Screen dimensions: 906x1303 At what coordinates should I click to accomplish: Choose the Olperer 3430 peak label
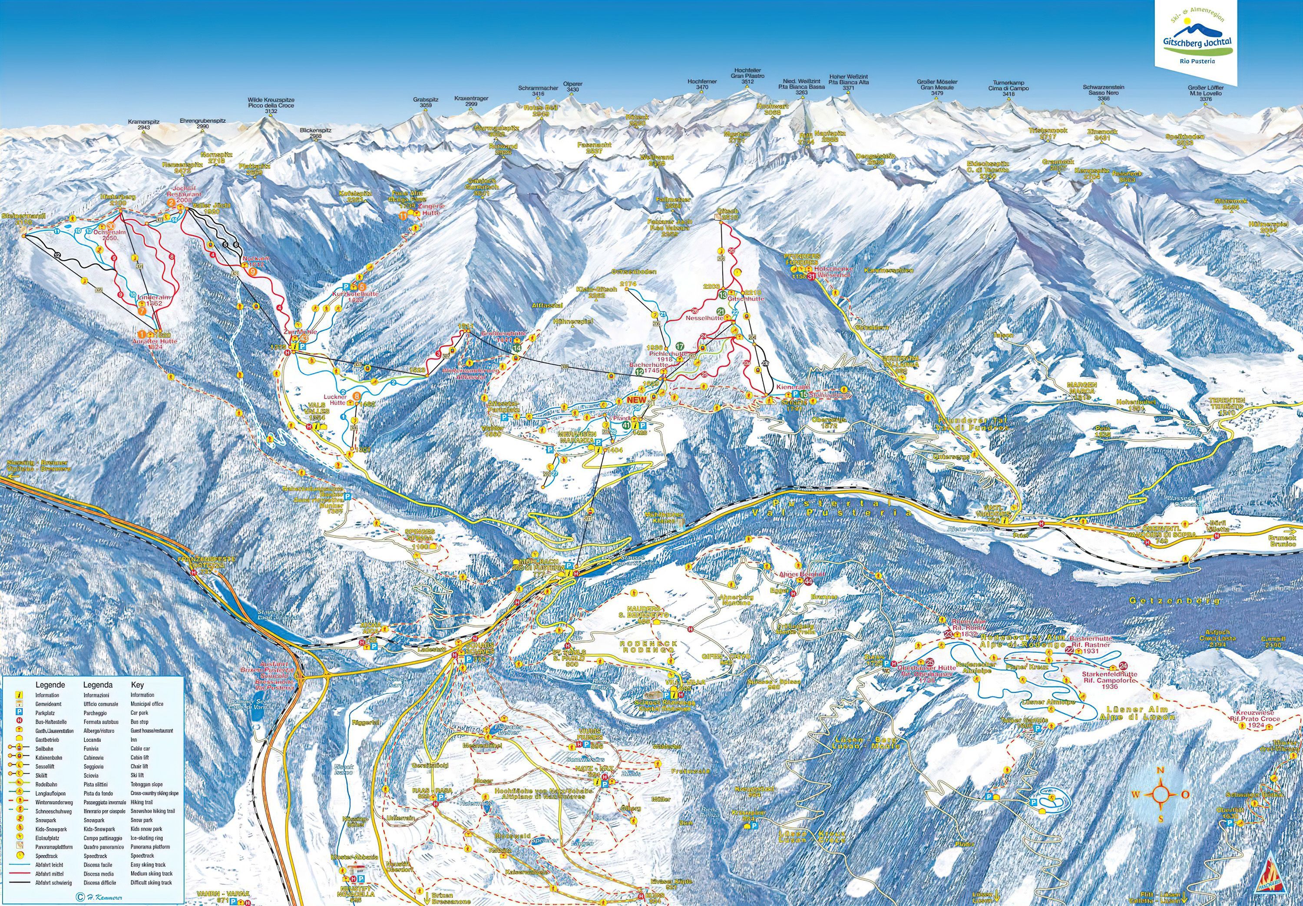pyautogui.click(x=572, y=86)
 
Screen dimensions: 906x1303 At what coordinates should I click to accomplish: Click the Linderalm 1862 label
pyautogui.click(x=150, y=300)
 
